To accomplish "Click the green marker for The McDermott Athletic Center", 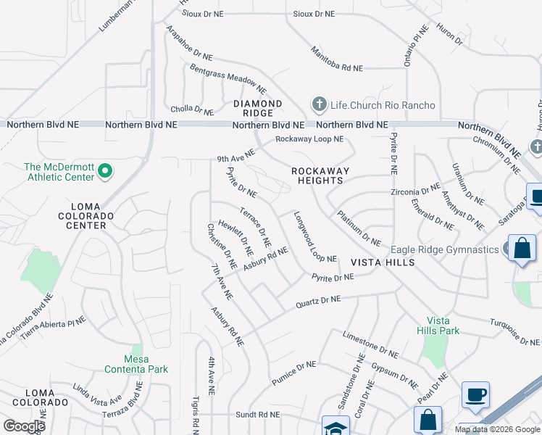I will click(x=105, y=172).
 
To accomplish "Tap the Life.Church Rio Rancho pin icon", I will click(x=318, y=105).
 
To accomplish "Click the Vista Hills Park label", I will click(x=443, y=326).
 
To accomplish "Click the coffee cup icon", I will click(x=475, y=394).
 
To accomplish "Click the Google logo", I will click(x=24, y=426).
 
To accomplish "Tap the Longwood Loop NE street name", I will click(x=315, y=237).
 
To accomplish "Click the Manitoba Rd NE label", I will click(x=336, y=59).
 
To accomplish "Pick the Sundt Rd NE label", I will click(x=257, y=415).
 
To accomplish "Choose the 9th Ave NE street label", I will click(x=236, y=156).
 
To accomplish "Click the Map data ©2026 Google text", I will click(x=497, y=429).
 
